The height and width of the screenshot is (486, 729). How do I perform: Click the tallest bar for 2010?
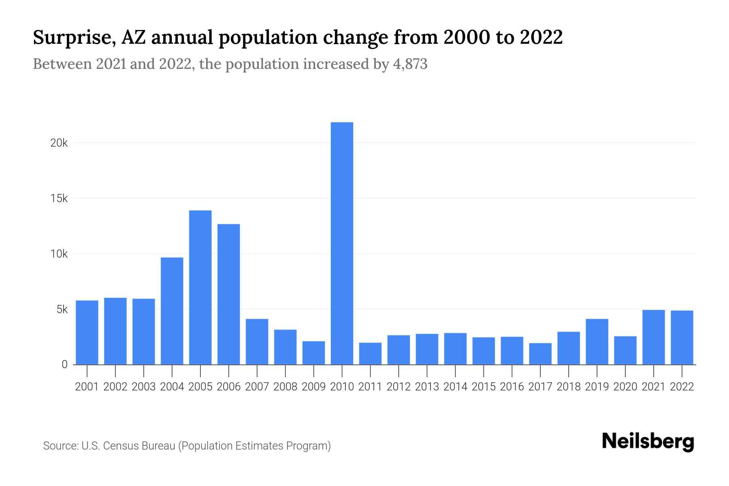click(342, 243)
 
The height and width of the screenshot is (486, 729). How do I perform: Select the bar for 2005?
click(200, 288)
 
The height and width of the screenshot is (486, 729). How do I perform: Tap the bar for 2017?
click(540, 354)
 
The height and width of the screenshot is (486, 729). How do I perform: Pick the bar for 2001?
click(87, 333)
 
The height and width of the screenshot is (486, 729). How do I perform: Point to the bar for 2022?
click(682, 337)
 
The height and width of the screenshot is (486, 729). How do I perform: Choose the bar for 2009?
click(313, 353)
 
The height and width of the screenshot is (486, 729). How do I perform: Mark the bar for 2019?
click(597, 342)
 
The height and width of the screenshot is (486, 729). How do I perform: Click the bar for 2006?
click(228, 294)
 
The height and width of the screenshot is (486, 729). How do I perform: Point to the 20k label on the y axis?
click(59, 143)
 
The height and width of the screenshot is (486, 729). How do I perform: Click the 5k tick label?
click(62, 309)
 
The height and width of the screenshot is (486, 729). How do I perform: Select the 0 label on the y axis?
click(64, 364)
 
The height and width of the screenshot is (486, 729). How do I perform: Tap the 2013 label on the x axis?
click(427, 387)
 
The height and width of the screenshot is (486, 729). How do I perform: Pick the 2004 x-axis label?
click(172, 387)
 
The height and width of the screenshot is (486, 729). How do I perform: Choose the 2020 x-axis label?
click(625, 387)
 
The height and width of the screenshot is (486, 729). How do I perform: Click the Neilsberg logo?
click(648, 441)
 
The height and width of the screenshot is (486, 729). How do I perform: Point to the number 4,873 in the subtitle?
click(410, 64)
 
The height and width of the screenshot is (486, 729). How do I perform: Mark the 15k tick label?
click(59, 198)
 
